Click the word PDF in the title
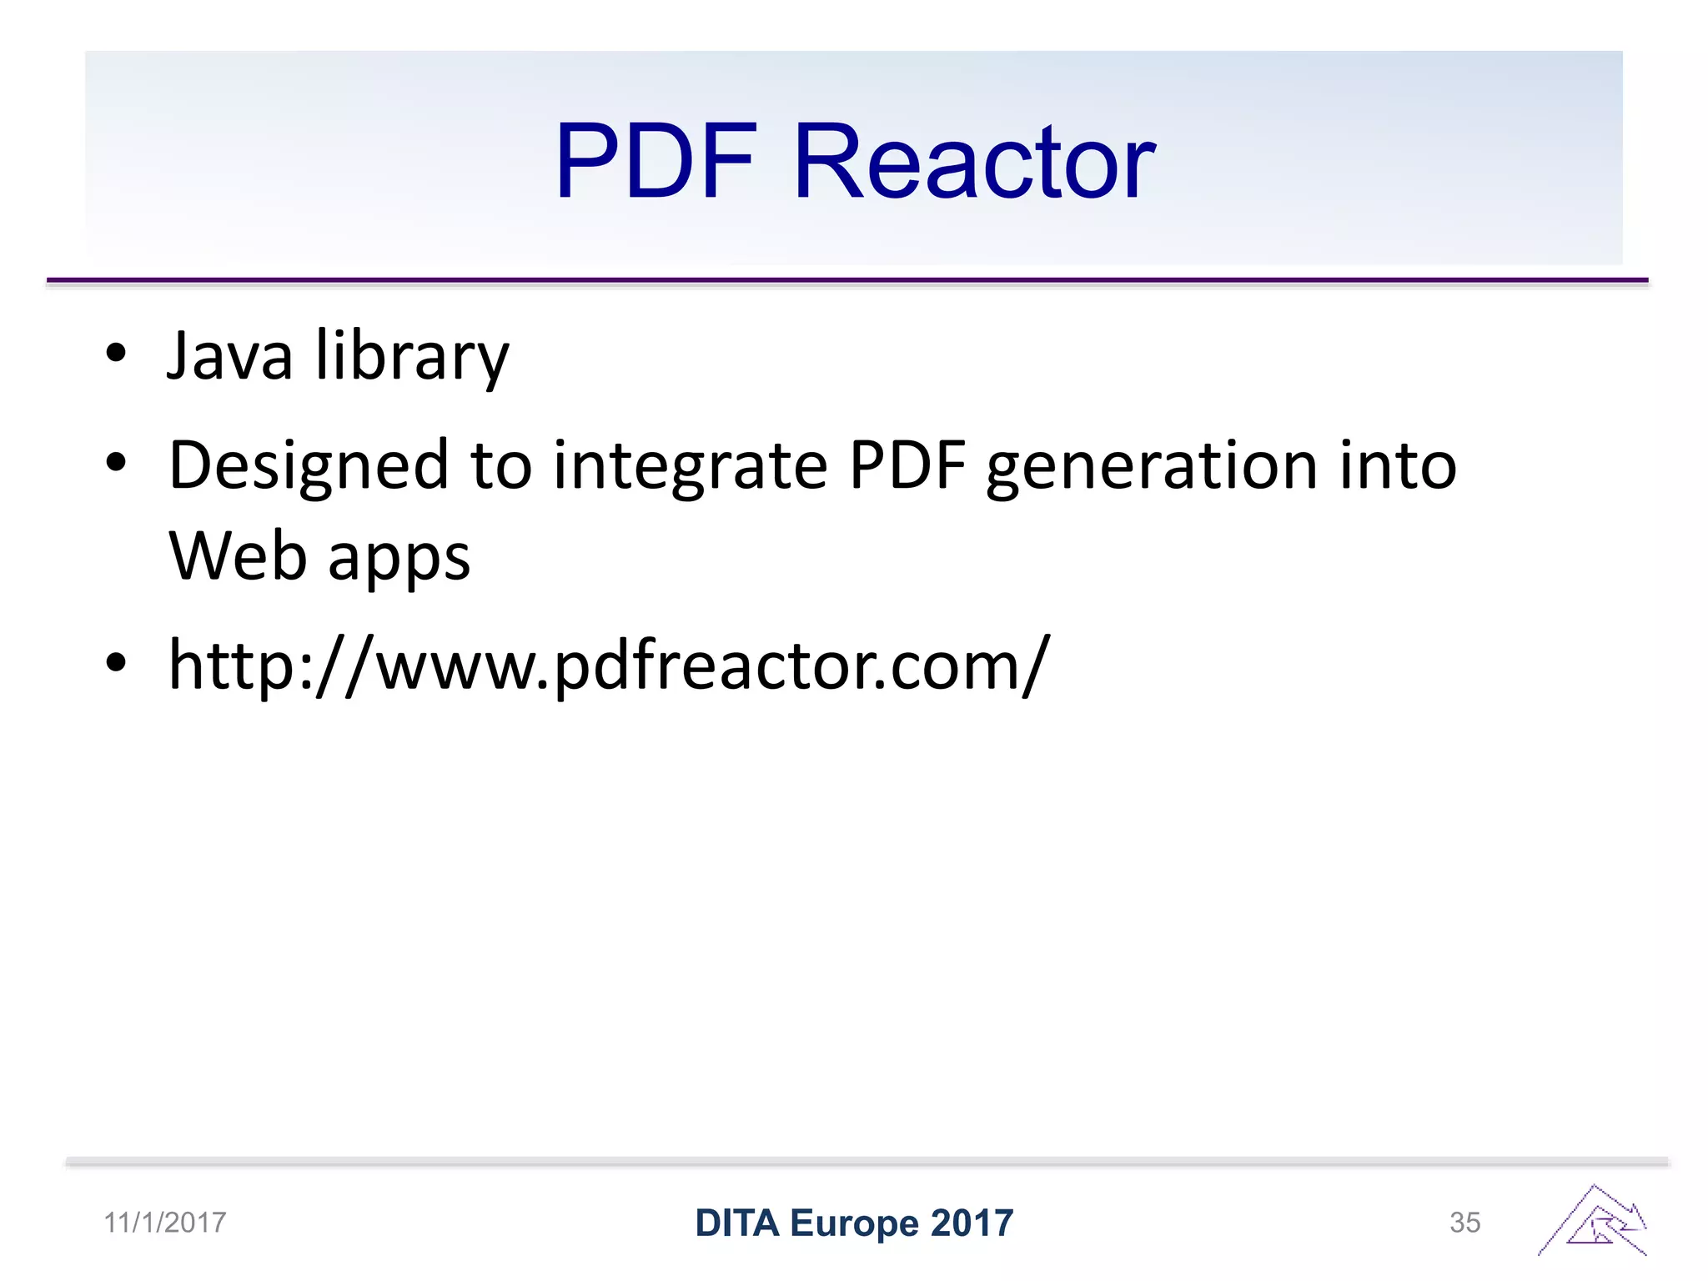click(x=656, y=162)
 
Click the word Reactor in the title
click(x=974, y=162)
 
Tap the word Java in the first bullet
click(x=230, y=356)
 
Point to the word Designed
click(x=309, y=465)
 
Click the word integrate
click(x=691, y=465)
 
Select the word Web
click(x=239, y=555)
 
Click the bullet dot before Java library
click(x=116, y=354)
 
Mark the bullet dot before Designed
click(x=116, y=462)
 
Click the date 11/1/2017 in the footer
click(x=165, y=1223)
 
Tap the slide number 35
click(x=1464, y=1223)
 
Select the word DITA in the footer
click(x=737, y=1223)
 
